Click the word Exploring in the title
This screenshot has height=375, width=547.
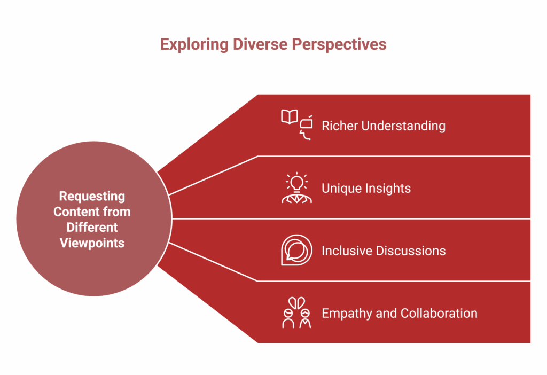pyautogui.click(x=194, y=44)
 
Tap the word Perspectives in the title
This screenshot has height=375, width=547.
pyautogui.click(x=339, y=44)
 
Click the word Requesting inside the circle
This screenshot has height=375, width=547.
pyautogui.click(x=92, y=196)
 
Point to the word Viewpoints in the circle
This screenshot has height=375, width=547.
pyautogui.click(x=92, y=243)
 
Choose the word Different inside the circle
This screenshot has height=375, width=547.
pyautogui.click(x=92, y=227)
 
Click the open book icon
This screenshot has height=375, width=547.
pyautogui.click(x=290, y=117)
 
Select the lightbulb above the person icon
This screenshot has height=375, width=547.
pyautogui.click(x=296, y=182)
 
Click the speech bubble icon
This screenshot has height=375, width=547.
pyautogui.click(x=296, y=250)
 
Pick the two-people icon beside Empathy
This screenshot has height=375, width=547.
pyautogui.click(x=296, y=313)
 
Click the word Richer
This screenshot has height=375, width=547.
pyautogui.click(x=339, y=126)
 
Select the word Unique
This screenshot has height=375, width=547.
pyautogui.click(x=342, y=189)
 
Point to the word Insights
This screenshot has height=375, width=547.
pyautogui.click(x=388, y=189)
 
